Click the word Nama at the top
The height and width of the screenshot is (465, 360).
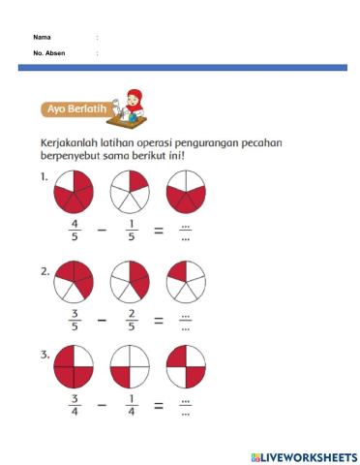coord(42,37)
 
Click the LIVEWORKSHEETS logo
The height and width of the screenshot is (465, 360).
coord(303,455)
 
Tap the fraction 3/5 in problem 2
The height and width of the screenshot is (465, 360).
coord(75,318)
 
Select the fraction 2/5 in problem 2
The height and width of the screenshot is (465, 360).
coord(130,318)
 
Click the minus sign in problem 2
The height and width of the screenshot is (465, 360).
coord(102,318)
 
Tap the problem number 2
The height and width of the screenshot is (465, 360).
coord(45,270)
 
